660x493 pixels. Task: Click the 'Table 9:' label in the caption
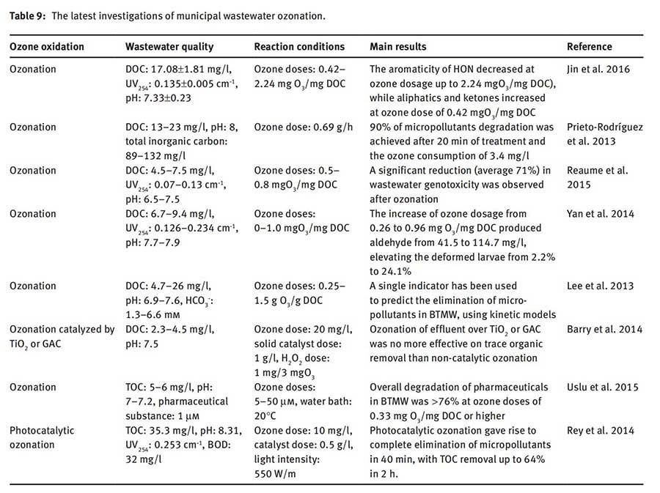pyautogui.click(x=28, y=15)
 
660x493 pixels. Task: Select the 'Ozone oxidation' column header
pyautogui.click(x=47, y=47)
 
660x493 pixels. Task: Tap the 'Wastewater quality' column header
pyautogui.click(x=169, y=47)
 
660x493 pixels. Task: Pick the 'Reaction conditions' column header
pyautogui.click(x=299, y=47)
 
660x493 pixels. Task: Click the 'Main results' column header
pyautogui.click(x=398, y=47)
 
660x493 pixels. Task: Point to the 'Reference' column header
pyautogui.click(x=589, y=47)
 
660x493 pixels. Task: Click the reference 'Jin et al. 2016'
pyautogui.click(x=598, y=69)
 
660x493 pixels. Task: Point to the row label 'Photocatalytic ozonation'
pyautogui.click(x=42, y=437)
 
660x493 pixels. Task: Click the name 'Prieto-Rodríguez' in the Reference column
pyautogui.click(x=605, y=127)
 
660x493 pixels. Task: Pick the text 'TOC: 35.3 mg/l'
pyautogui.click(x=158, y=430)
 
